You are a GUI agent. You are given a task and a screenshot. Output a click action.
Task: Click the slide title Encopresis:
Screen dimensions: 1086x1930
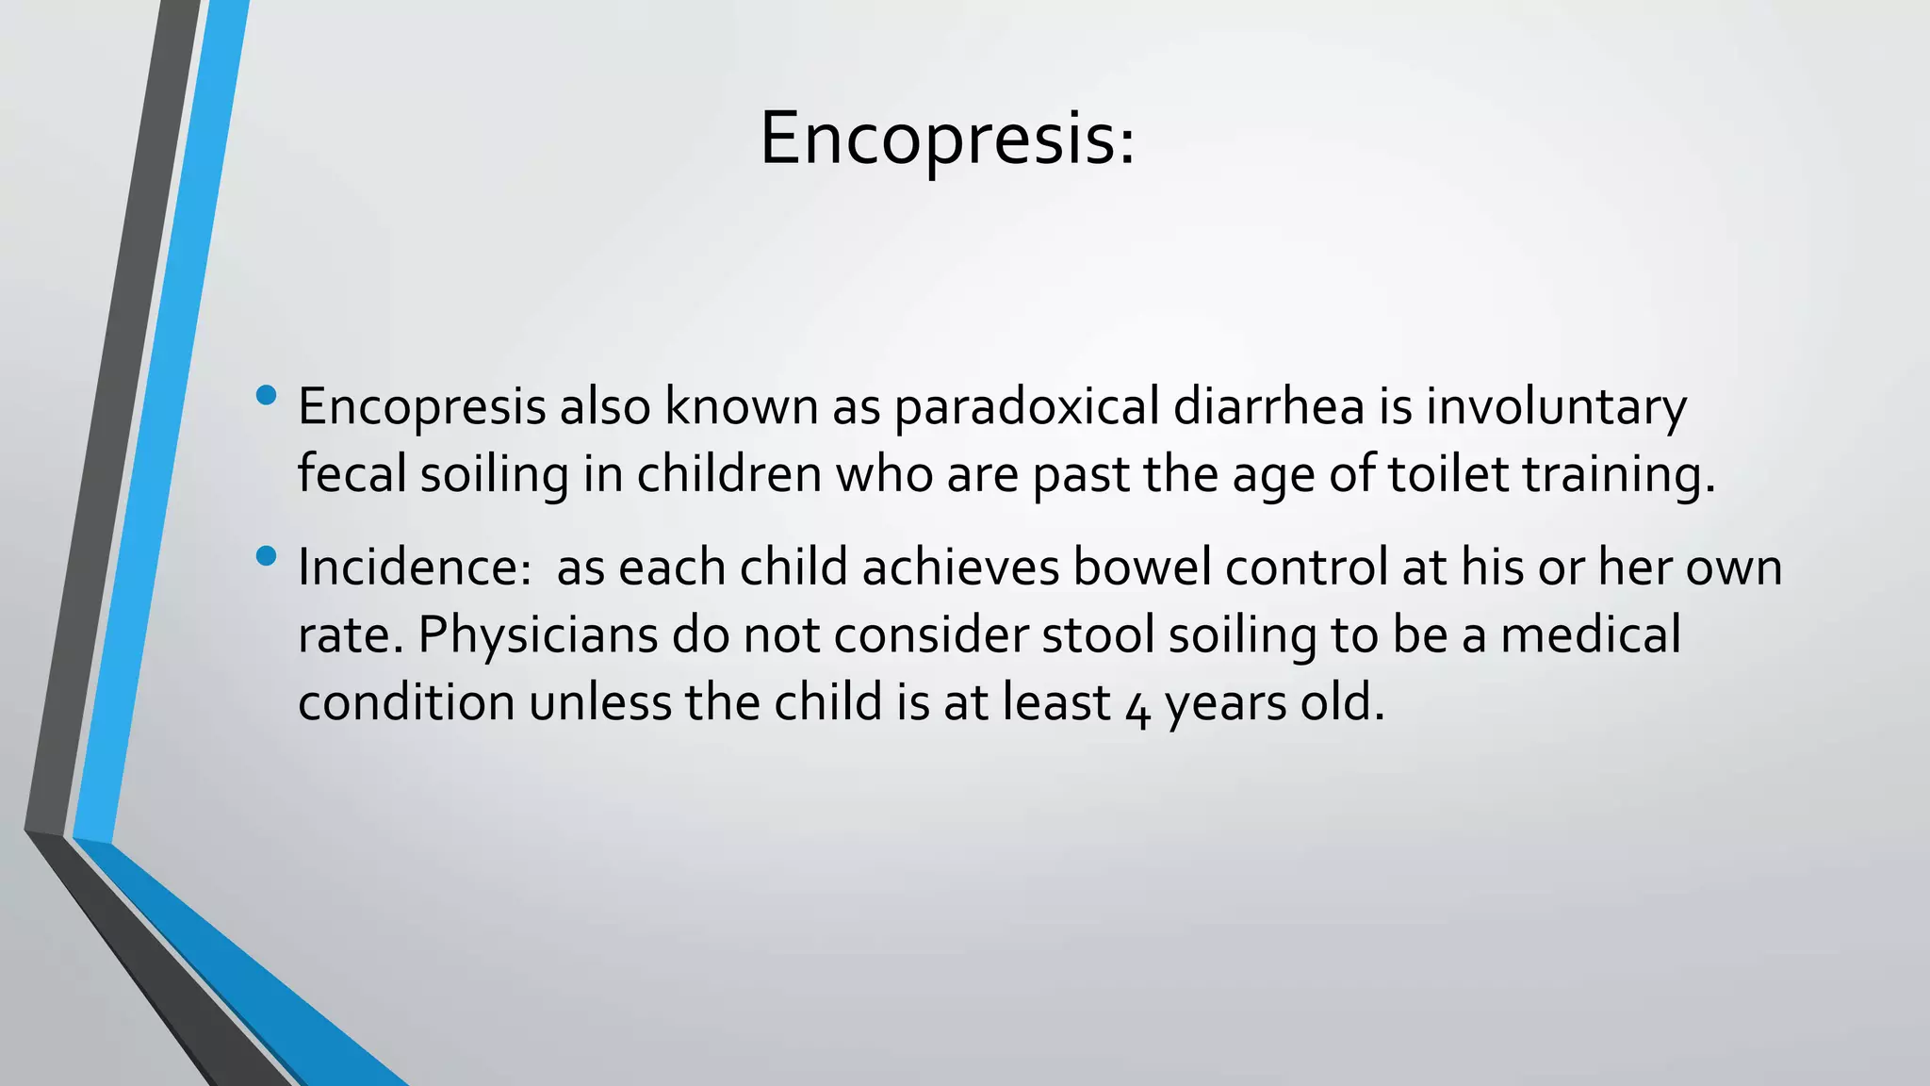947,140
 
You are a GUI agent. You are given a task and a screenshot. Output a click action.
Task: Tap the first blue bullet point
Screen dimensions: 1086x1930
266,396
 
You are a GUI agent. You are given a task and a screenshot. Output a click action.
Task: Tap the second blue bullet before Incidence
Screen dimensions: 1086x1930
266,556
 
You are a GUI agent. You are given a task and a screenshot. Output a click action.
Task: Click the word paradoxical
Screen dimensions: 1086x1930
1026,407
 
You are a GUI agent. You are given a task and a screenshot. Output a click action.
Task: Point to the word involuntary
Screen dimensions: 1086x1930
1555,407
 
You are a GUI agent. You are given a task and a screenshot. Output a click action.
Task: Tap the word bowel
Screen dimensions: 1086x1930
1141,568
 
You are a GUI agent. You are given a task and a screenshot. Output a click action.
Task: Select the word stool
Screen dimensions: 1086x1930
1098,635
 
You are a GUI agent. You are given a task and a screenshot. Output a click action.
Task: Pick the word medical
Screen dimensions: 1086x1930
1590,635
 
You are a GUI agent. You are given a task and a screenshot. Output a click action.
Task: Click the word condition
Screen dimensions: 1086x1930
405,703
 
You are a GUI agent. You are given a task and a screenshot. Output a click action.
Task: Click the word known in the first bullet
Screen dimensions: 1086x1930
741,407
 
